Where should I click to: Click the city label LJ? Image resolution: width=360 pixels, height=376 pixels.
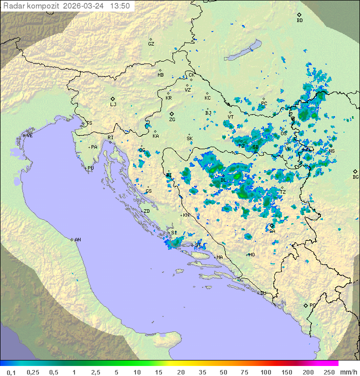[113, 105]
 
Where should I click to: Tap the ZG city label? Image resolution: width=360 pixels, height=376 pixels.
[172, 120]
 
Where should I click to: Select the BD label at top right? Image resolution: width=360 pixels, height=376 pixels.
[299, 21]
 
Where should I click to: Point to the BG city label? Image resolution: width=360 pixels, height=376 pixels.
[355, 177]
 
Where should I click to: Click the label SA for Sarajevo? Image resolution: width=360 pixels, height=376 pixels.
[272, 231]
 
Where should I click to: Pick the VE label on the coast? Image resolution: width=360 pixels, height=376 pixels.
[29, 136]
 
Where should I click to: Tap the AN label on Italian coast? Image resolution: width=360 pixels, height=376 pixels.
[77, 240]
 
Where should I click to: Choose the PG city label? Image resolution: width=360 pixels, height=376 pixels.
[312, 305]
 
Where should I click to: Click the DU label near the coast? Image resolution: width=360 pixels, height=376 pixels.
[262, 293]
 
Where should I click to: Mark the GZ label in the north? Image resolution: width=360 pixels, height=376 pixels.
[151, 44]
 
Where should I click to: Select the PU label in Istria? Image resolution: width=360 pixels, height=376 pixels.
[90, 168]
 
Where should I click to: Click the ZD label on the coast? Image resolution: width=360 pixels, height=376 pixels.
[146, 211]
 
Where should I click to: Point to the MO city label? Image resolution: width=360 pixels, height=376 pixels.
[251, 254]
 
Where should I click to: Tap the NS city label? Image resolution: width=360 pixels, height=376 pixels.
[331, 151]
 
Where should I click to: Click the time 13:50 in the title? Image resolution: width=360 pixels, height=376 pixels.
[120, 6]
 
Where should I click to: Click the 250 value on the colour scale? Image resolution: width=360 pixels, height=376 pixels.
[329, 372]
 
